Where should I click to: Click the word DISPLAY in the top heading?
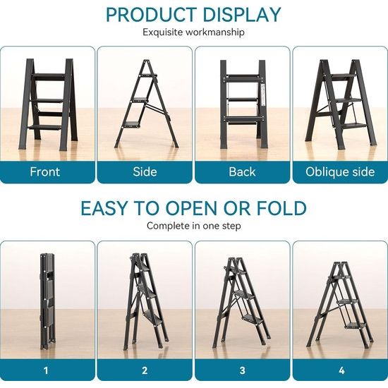pyautogui.click(x=241, y=15)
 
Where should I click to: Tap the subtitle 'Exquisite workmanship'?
pyautogui.click(x=193, y=32)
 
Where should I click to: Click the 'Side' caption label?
pyautogui.click(x=145, y=171)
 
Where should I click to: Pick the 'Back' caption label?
pyautogui.click(x=242, y=171)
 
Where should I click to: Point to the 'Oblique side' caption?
pyautogui.click(x=340, y=171)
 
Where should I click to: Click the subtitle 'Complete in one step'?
pyautogui.click(x=193, y=226)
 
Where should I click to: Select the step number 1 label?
pyautogui.click(x=47, y=370)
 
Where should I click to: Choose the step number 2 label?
pyautogui.click(x=145, y=370)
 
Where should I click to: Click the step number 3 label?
pyautogui.click(x=242, y=370)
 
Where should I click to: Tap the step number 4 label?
pyautogui.click(x=340, y=370)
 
